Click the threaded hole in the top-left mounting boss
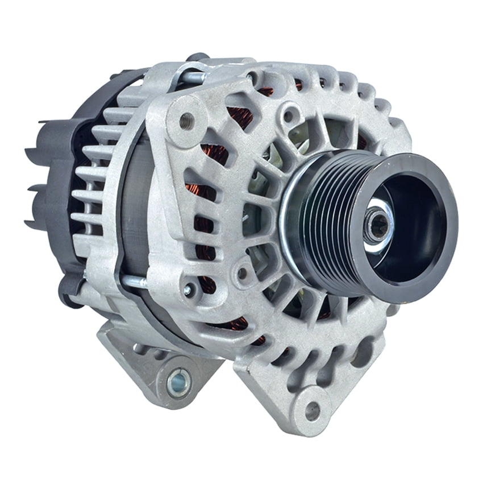[x=186, y=121]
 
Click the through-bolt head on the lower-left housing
[x=188, y=289]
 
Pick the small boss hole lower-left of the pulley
[x=243, y=273]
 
